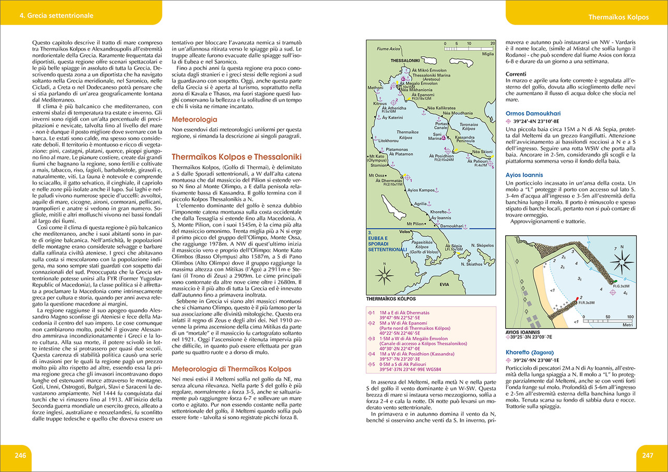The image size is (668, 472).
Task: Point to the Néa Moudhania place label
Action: pyautogui.click(x=458, y=113)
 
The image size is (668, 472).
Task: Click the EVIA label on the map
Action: pyautogui.click(x=445, y=285)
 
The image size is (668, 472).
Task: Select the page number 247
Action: pyautogui.click(x=648, y=455)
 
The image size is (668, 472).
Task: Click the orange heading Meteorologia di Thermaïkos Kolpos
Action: pyautogui.click(x=232, y=369)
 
